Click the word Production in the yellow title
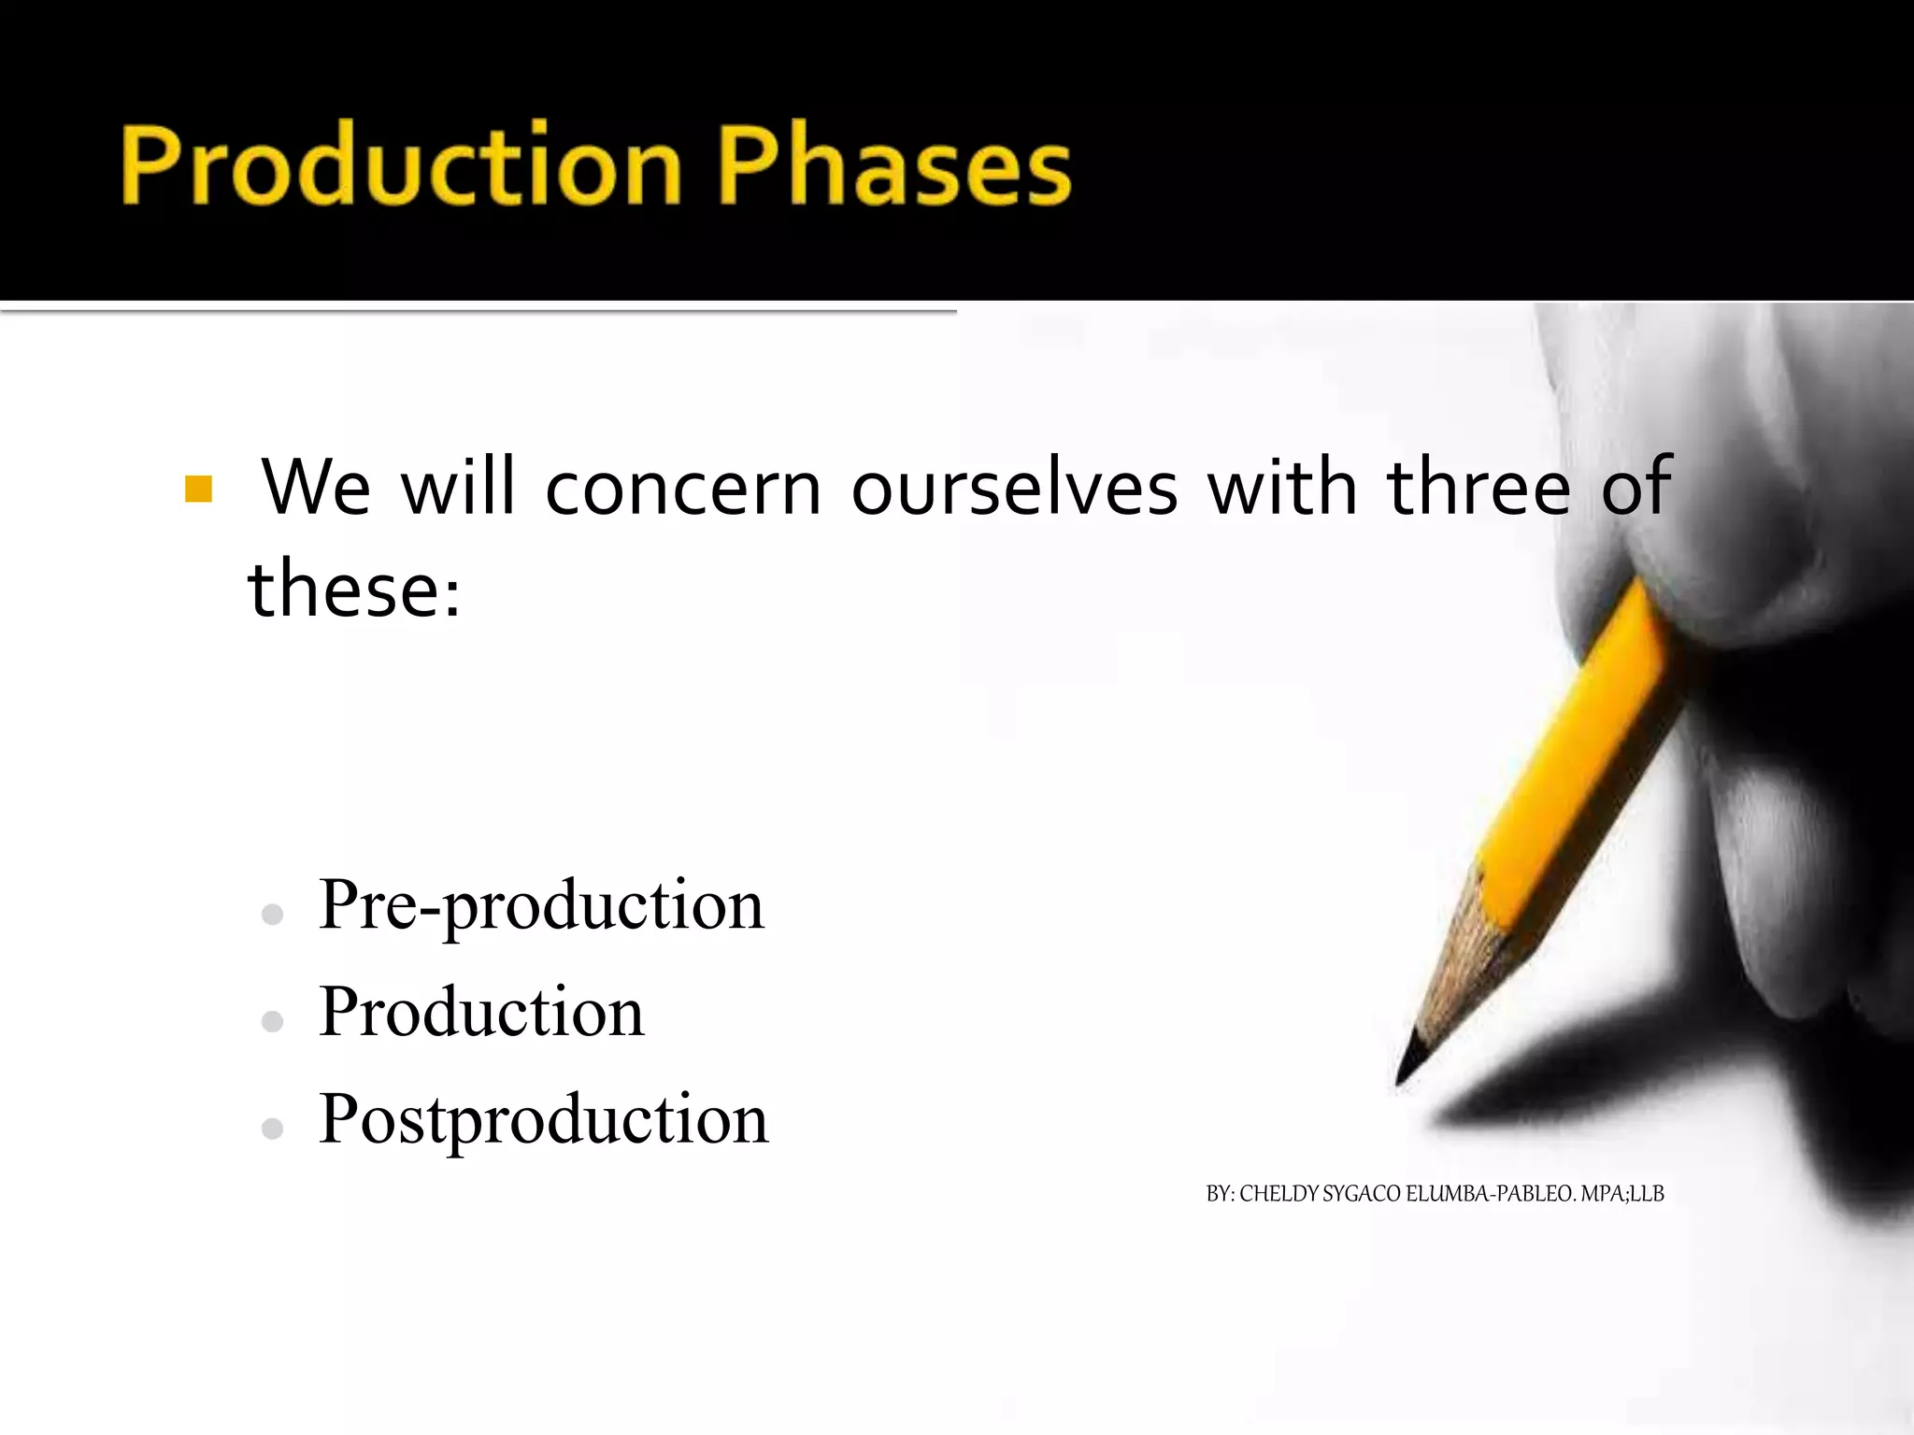402,166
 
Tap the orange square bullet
198,489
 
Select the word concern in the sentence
682,488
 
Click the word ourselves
1014,488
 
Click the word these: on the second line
355,589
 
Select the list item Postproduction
543,1118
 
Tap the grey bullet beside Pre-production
273,915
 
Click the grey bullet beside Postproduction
273,1130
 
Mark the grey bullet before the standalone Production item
273,1022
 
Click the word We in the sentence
316,488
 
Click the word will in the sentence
458,488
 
